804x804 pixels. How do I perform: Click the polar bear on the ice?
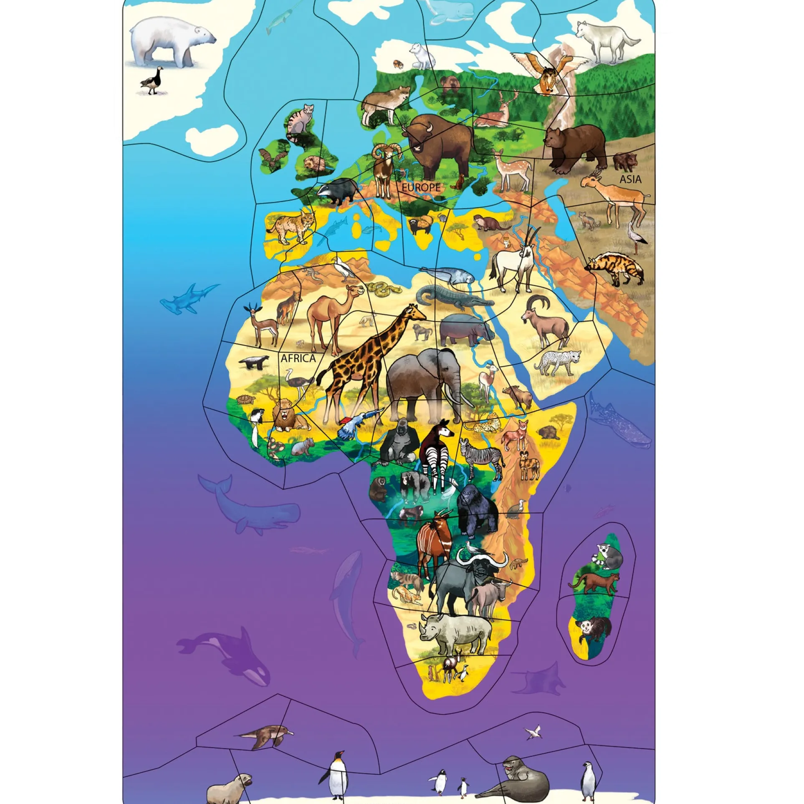click(171, 42)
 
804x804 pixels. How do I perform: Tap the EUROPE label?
click(421, 187)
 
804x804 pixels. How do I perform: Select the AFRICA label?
click(298, 358)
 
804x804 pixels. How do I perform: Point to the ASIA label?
click(630, 179)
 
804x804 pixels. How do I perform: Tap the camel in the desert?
click(330, 311)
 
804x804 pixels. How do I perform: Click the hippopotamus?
click(465, 329)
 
